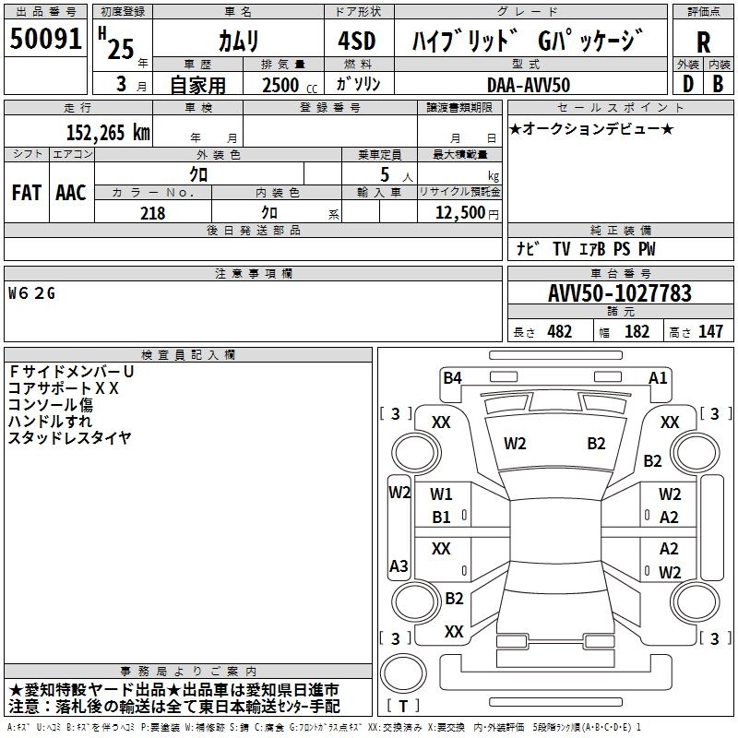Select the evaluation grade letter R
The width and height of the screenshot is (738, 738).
pos(703,42)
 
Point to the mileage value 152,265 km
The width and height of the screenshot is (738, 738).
pos(108,132)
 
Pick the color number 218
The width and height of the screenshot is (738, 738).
pos(152,213)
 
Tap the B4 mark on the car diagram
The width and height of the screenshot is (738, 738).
pos(452,377)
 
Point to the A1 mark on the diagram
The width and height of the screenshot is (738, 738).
pos(658,377)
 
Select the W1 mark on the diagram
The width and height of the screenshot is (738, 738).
pos(442,494)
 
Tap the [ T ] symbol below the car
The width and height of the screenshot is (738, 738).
pos(402,706)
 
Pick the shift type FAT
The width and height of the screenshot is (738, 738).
pos(27,193)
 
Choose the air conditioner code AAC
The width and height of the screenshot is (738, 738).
pos(71,193)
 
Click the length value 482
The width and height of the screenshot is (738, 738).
pos(560,332)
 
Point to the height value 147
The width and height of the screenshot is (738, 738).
pos(710,332)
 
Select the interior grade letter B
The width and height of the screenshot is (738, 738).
pos(718,84)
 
